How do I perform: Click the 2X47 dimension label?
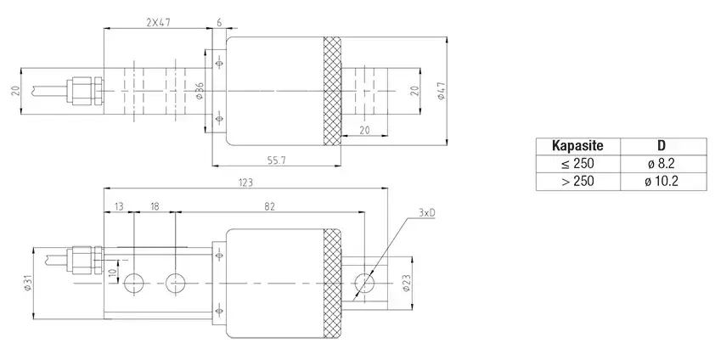click(158, 22)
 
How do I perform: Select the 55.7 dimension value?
click(277, 160)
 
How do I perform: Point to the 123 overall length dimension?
click(245, 183)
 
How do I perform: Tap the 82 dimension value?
click(269, 206)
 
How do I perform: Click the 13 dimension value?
click(119, 206)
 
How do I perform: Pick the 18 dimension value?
click(155, 206)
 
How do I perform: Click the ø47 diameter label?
click(441, 91)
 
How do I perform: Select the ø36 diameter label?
click(200, 91)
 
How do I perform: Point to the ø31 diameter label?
click(28, 284)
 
